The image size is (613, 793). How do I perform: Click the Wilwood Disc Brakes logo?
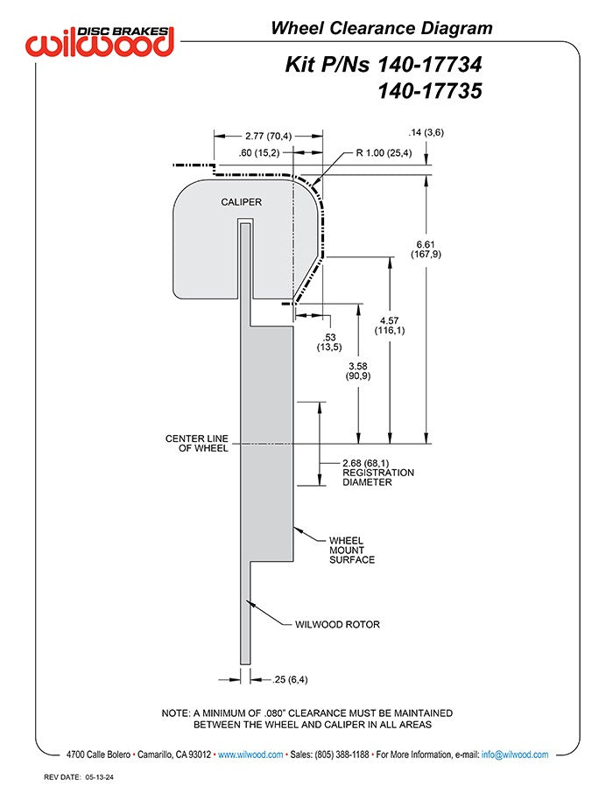100,41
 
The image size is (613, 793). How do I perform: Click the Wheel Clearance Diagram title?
382,28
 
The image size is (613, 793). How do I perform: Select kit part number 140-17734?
430,64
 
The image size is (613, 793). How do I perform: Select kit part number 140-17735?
430,91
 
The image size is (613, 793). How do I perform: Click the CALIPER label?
242,202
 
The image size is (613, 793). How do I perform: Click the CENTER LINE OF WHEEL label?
197,443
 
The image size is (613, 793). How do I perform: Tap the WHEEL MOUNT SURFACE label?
352,551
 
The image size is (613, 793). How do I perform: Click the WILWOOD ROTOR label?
337,625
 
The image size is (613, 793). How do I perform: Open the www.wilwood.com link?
250,754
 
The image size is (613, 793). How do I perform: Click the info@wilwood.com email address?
515,754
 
